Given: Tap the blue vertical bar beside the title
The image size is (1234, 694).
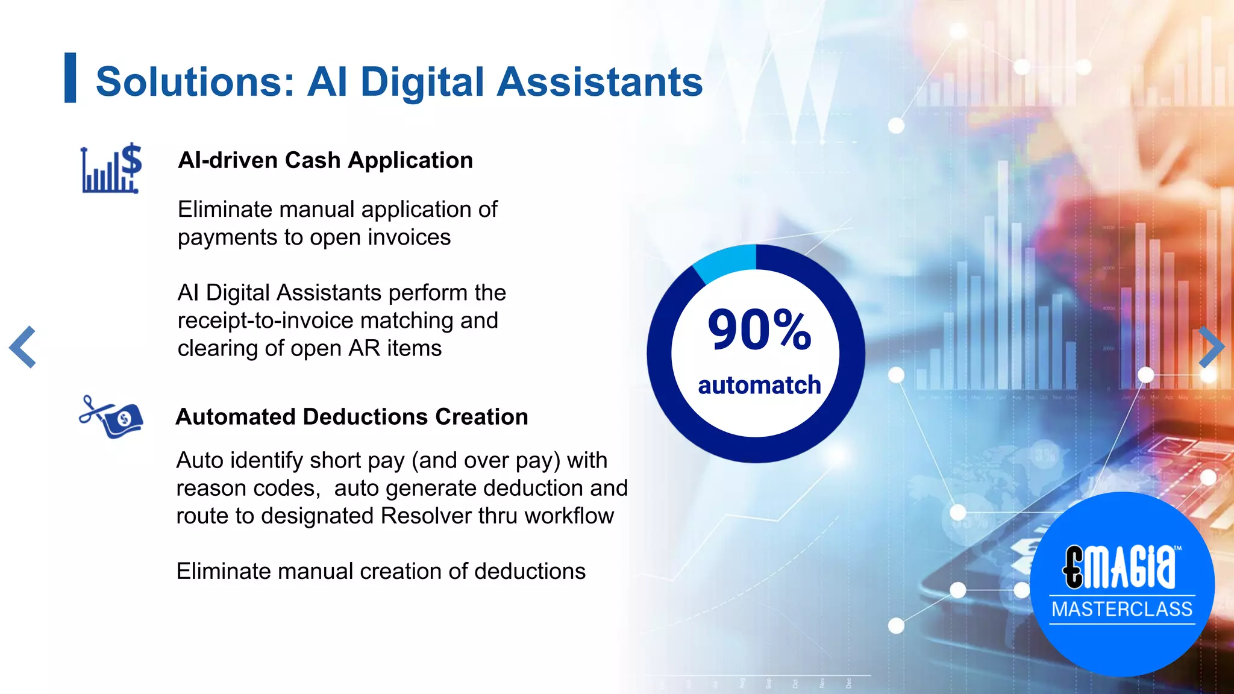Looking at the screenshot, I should click(x=70, y=78).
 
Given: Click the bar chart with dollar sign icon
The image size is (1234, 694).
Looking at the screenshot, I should click(x=111, y=169).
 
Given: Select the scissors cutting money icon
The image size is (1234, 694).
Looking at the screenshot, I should click(x=111, y=417).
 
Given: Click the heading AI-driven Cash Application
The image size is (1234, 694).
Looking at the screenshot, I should click(x=325, y=160).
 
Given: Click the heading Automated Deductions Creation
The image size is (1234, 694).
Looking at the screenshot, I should click(x=352, y=417).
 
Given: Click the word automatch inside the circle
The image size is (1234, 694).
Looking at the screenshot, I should click(x=759, y=385).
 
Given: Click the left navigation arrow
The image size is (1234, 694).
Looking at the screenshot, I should click(x=23, y=347).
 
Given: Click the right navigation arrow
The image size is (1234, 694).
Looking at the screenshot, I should click(x=1211, y=347).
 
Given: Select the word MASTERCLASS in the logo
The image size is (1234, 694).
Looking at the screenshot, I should click(x=1122, y=609).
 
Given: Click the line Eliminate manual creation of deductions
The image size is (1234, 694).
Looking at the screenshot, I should click(x=381, y=571).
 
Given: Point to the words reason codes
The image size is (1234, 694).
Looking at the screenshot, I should click(x=248, y=488).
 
